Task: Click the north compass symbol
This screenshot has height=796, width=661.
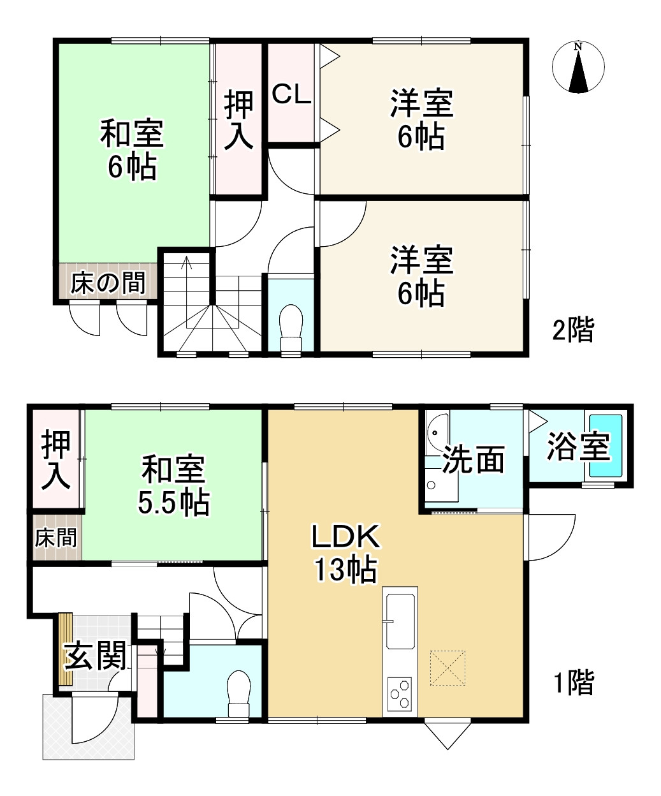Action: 578,68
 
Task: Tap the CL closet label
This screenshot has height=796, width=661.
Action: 292,95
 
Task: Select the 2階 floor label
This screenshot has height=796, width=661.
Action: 572,330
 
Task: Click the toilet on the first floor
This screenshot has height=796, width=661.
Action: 238,693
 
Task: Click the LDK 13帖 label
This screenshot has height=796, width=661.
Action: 345,554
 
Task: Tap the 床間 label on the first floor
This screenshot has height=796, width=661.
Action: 56,538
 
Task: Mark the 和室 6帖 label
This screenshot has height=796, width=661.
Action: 132,151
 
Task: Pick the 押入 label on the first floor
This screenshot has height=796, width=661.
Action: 56,459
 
